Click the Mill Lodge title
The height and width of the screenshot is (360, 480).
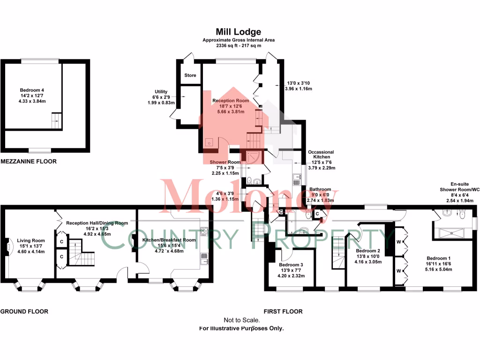coord(238,32)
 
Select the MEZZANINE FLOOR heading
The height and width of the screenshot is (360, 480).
coord(29,161)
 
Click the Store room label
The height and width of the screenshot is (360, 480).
coord(190,75)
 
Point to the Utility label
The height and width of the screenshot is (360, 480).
coord(161,92)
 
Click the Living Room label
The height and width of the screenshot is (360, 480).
coord(27,241)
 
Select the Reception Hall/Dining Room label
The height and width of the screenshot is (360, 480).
coord(97,223)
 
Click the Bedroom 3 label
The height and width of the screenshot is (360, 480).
coord(291,265)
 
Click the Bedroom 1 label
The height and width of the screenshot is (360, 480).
coord(439,258)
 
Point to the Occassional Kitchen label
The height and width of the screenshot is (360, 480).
coord(321,155)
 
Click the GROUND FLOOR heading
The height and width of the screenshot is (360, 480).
coord(24,311)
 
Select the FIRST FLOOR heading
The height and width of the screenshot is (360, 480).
coord(283,311)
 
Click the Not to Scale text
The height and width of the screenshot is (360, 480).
coord(241,320)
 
